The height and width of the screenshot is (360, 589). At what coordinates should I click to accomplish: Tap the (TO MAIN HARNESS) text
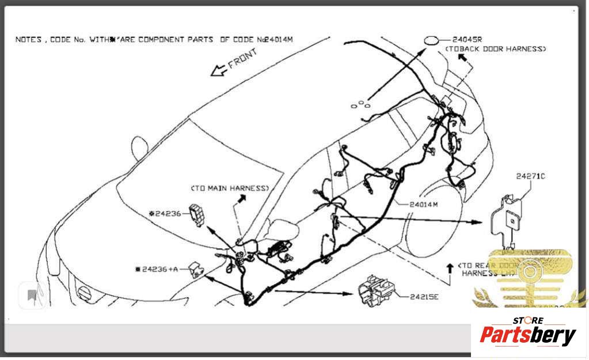point(230,188)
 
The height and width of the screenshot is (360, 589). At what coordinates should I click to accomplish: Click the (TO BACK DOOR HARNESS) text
point(495,50)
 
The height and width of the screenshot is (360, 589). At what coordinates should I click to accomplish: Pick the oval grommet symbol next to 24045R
point(431,40)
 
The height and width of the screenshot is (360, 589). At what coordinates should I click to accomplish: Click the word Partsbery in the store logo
point(527,335)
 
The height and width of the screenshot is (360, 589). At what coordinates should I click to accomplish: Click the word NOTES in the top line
point(28,40)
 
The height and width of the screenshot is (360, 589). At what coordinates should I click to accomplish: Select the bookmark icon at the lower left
point(32,296)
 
